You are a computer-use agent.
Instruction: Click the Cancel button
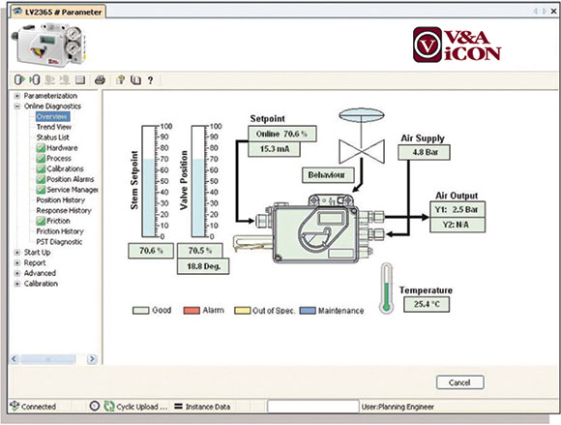459,382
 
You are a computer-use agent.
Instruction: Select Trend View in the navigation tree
53,127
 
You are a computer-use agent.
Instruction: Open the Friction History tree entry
60,231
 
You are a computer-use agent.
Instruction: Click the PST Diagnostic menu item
59,242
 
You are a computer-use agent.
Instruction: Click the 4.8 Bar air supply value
424,152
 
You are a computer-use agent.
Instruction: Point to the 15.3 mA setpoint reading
274,149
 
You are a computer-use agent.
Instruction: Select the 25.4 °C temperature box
427,304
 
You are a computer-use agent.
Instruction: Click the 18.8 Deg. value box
203,266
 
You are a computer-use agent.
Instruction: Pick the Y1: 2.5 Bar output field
458,209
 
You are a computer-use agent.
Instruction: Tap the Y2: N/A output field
458,225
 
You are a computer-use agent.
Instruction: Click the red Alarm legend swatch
192,311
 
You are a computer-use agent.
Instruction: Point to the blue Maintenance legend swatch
308,311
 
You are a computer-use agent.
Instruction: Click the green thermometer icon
386,288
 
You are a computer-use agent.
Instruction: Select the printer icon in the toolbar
100,79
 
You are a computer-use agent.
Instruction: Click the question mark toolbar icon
150,80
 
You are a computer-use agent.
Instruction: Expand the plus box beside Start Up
16,253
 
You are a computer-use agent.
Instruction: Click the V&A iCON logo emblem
428,45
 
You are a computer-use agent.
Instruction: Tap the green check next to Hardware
41,148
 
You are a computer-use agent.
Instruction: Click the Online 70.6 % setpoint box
282,134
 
